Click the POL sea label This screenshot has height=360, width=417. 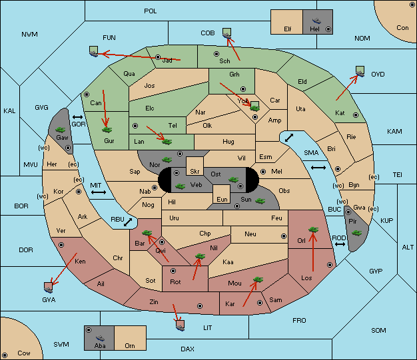click(x=151, y=11)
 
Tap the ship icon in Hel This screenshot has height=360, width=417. click(x=316, y=21)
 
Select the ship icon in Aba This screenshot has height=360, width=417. click(x=100, y=338)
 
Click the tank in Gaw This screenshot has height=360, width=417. click(x=61, y=129)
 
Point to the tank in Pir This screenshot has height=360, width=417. click(x=356, y=233)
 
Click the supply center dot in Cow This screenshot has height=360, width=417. click(x=5, y=355)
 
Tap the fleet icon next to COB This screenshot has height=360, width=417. click(x=227, y=33)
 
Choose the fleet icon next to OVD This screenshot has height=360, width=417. click(x=360, y=71)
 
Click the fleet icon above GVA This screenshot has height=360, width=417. click(x=48, y=287)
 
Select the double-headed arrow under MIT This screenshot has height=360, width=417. click(x=99, y=192)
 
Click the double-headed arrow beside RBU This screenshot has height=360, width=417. click(x=128, y=222)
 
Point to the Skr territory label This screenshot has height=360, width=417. click(x=195, y=172)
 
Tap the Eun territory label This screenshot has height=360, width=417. click(x=222, y=199)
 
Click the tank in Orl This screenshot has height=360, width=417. click(x=313, y=230)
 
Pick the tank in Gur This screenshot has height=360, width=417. click(x=107, y=130)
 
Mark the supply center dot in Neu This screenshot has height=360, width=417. click(x=284, y=236)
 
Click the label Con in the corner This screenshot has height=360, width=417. click(x=402, y=28)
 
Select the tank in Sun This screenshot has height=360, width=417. click(x=260, y=201)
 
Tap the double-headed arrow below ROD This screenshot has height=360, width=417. click(x=340, y=244)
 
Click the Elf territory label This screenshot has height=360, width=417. click(x=288, y=29)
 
